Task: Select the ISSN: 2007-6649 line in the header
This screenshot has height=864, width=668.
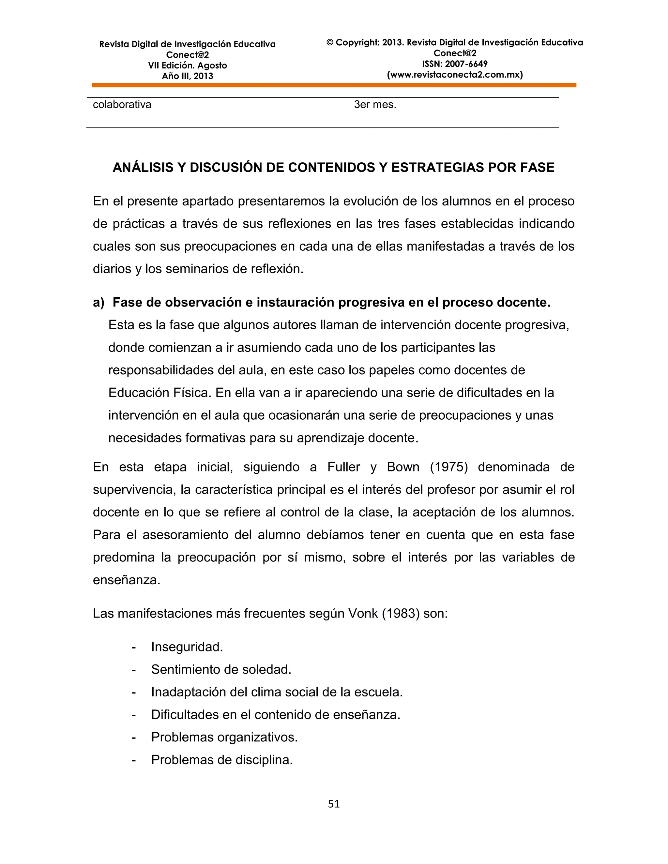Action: click(x=455, y=64)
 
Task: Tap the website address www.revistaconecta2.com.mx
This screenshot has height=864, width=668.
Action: click(x=455, y=75)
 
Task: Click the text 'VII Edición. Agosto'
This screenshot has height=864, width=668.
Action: click(x=187, y=65)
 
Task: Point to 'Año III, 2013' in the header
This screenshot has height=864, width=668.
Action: click(x=187, y=76)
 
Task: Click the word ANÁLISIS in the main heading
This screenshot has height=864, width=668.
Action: click(x=143, y=167)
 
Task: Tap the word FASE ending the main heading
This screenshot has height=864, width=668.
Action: click(x=537, y=167)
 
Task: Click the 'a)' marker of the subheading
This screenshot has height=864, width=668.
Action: click(x=99, y=302)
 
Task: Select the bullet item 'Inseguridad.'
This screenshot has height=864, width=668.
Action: click(x=187, y=647)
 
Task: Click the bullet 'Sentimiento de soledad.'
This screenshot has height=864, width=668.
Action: click(x=221, y=669)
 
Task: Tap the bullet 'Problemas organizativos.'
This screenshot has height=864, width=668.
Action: click(x=224, y=737)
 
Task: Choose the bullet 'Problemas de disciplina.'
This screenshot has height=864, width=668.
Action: click(x=221, y=760)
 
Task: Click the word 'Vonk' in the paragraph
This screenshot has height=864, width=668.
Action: click(x=363, y=613)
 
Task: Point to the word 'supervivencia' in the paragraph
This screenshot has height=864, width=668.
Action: click(x=134, y=490)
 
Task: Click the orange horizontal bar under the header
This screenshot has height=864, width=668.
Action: click(x=334, y=85)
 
